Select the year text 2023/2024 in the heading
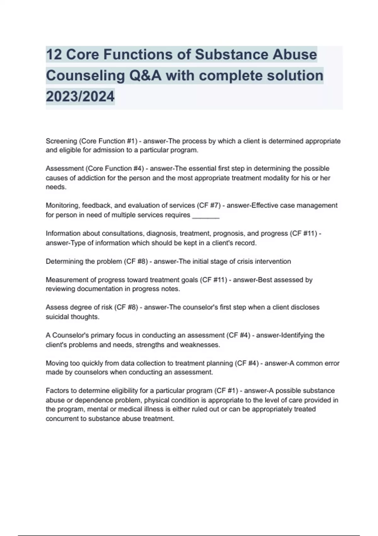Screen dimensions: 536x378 point(80,96)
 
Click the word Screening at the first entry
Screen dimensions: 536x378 point(61,141)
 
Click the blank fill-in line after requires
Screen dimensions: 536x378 point(205,215)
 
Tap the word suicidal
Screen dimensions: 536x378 point(57,317)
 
